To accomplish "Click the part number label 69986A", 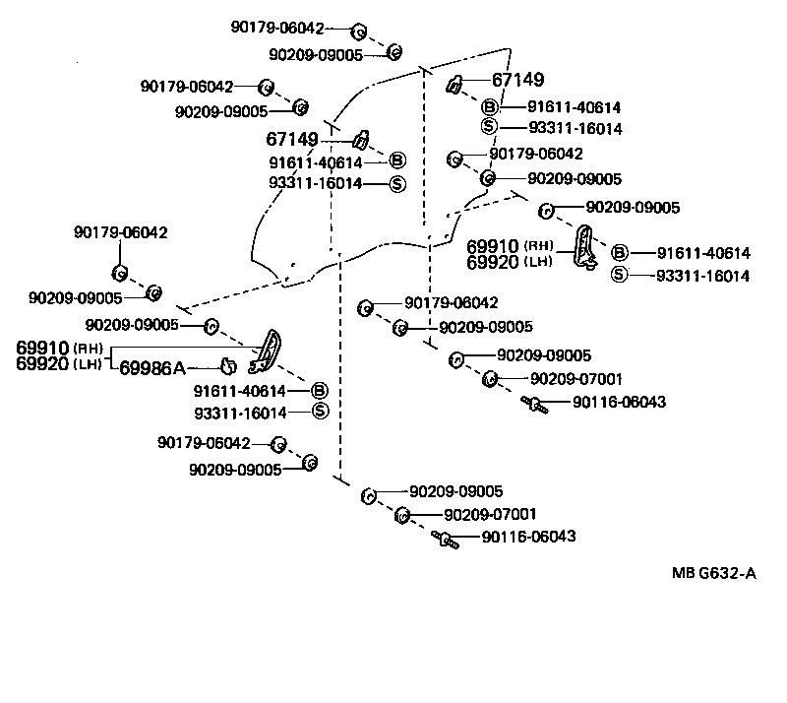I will pyautogui.click(x=152, y=368).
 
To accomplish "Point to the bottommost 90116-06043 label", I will pyautogui.click(x=528, y=537).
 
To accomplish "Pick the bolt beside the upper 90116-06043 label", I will pyautogui.click(x=534, y=402).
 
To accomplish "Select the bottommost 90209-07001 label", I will pyautogui.click(x=490, y=514).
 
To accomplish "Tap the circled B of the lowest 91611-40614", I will pyautogui.click(x=319, y=391).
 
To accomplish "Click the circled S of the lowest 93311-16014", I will pyautogui.click(x=319, y=412).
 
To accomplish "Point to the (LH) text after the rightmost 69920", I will pyautogui.click(x=539, y=262).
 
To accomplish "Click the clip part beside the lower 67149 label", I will pyautogui.click(x=361, y=138).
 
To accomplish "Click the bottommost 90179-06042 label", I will pyautogui.click(x=204, y=443).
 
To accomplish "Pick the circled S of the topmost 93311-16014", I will pyautogui.click(x=489, y=128).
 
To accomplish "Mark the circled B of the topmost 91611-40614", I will pyautogui.click(x=489, y=107).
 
